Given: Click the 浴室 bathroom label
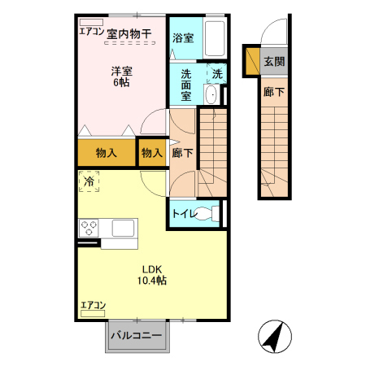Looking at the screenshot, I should point(183,37).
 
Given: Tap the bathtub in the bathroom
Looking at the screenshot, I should point(214,39).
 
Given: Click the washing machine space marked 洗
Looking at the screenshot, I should point(216,73).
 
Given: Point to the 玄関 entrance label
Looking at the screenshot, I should point(274,61).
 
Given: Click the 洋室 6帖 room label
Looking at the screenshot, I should point(123,77).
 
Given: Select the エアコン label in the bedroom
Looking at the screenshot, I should point(91,32).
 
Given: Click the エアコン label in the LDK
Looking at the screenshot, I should point(93,306).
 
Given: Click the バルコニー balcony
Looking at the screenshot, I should point(137,335).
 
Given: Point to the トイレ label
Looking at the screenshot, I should point(184,215).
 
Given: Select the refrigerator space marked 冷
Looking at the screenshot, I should point(89,181).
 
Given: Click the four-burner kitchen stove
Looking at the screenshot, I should point(89,228).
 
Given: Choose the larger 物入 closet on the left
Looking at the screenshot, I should point(106,152).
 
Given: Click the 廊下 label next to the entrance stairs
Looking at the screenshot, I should point(274,93).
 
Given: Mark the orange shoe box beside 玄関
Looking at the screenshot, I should point(252,60).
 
